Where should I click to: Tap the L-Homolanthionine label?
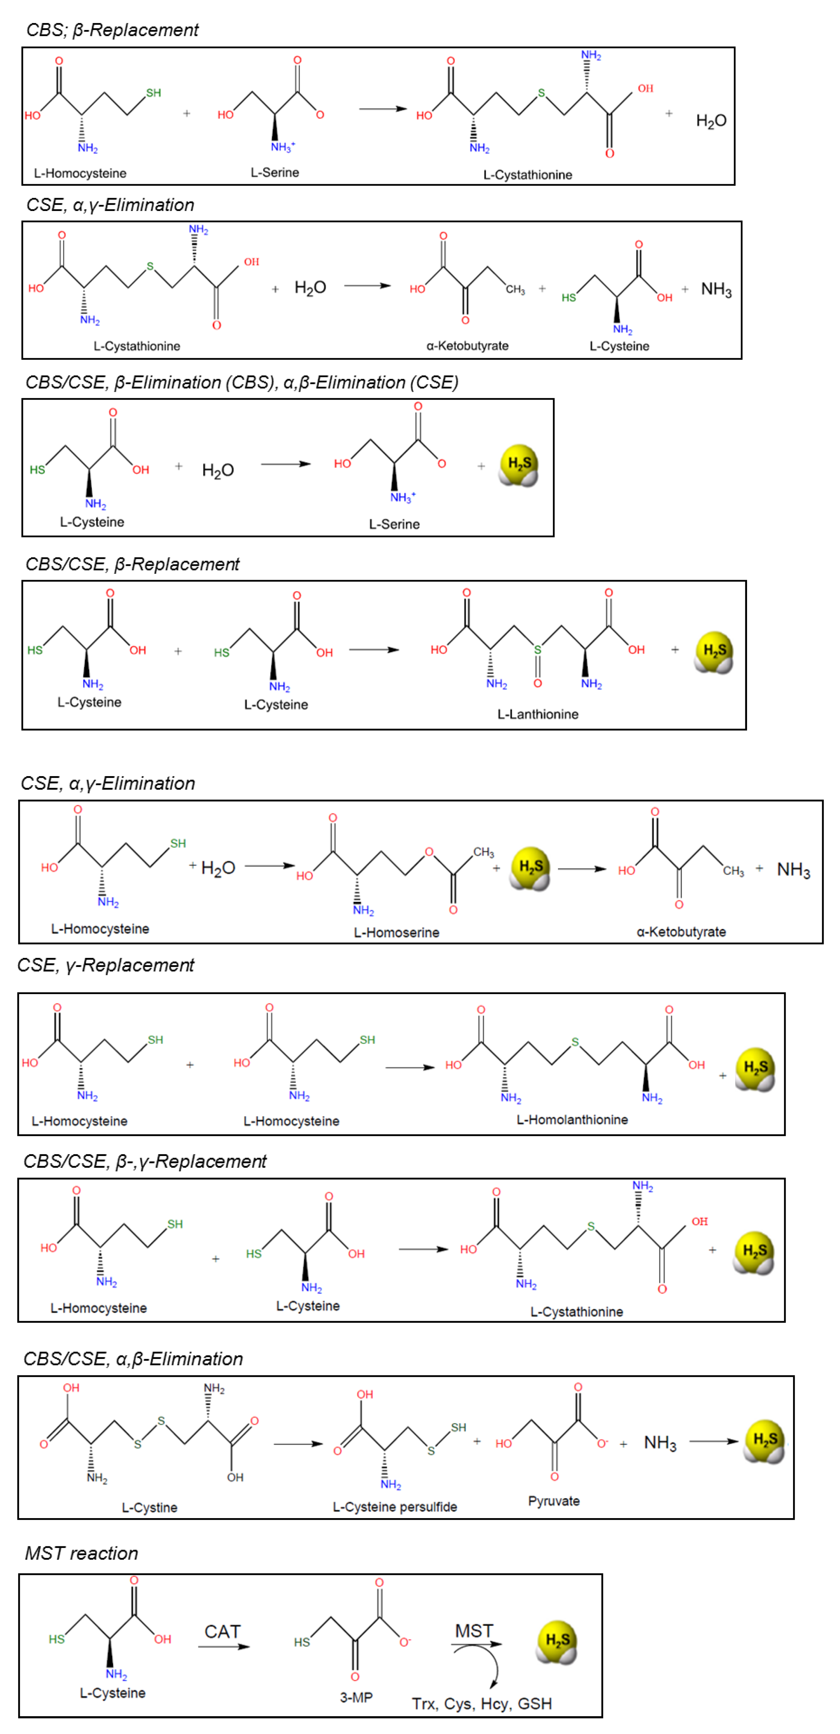572,1119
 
